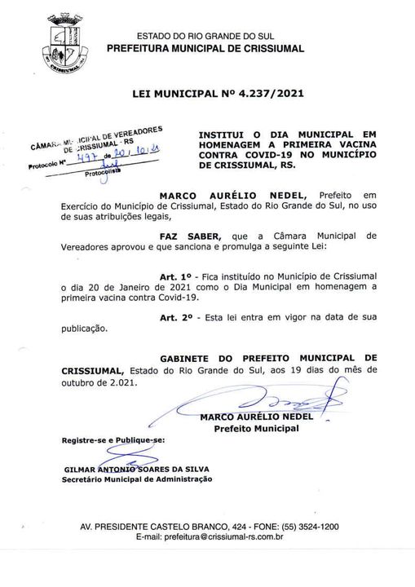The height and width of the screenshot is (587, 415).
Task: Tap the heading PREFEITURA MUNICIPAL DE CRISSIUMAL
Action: pyautogui.click(x=206, y=49)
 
